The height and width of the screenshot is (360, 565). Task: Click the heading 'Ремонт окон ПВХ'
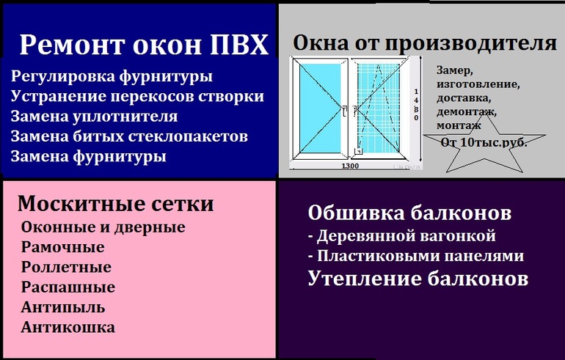click(x=144, y=45)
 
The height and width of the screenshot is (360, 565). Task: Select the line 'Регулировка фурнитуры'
click(x=112, y=76)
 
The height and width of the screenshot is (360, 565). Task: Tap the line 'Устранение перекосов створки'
click(x=137, y=96)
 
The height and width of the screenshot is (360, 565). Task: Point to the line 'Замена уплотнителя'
click(x=94, y=116)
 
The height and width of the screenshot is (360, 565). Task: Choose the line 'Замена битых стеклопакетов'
click(x=129, y=136)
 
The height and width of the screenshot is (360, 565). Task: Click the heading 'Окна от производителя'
click(x=424, y=43)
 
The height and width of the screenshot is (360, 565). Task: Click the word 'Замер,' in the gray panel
click(x=455, y=71)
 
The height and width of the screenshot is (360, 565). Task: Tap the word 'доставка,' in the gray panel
click(x=464, y=98)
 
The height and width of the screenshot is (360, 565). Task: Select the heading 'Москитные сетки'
click(x=115, y=203)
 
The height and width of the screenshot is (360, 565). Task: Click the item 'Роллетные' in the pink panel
click(x=66, y=267)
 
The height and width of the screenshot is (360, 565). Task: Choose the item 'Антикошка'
click(x=68, y=326)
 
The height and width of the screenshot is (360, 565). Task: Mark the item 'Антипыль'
click(x=63, y=306)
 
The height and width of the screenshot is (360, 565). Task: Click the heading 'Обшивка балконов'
click(x=409, y=213)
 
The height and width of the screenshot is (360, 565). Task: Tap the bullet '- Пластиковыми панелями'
click(x=415, y=257)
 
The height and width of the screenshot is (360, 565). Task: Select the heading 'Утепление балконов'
click(x=418, y=279)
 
